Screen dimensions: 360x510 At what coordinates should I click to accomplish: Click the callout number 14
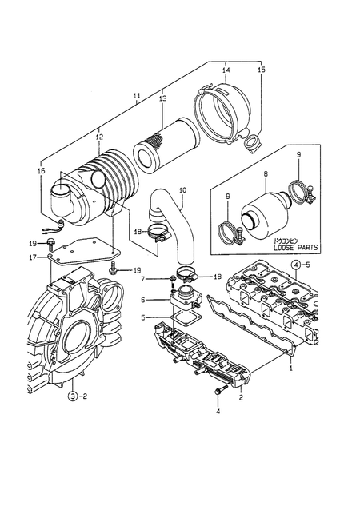point(226,70)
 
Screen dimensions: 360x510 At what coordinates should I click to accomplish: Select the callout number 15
point(262,70)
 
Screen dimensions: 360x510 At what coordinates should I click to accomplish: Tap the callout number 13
point(162,98)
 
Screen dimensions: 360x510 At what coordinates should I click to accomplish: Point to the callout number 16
point(42,171)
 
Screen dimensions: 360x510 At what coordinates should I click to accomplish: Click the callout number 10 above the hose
point(182,190)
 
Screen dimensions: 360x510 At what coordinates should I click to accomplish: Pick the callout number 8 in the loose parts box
point(266,174)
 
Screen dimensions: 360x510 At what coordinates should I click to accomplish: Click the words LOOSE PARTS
point(295,248)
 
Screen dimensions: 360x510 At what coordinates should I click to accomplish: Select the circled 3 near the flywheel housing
point(73,396)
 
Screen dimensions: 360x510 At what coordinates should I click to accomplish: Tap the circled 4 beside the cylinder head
point(295,265)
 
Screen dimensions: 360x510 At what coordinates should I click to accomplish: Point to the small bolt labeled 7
point(173,279)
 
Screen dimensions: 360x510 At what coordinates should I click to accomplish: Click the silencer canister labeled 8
point(264,215)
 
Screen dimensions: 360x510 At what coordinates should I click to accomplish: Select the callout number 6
point(143,301)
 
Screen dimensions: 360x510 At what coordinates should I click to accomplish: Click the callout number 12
point(99,137)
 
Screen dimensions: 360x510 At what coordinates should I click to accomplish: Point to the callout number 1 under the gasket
point(291,369)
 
